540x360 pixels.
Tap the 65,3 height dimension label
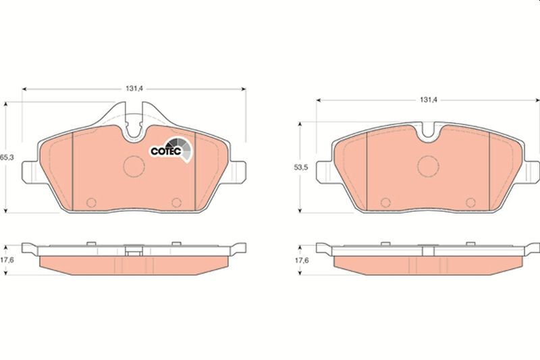pyautogui.click(x=7, y=157)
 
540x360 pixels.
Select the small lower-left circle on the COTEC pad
pyautogui.click(x=92, y=202)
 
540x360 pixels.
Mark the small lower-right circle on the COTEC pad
pyautogui.click(x=177, y=202)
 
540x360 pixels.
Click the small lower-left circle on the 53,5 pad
pyautogui.click(x=385, y=202)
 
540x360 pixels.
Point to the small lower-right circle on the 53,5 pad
pyautogui.click(x=470, y=202)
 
